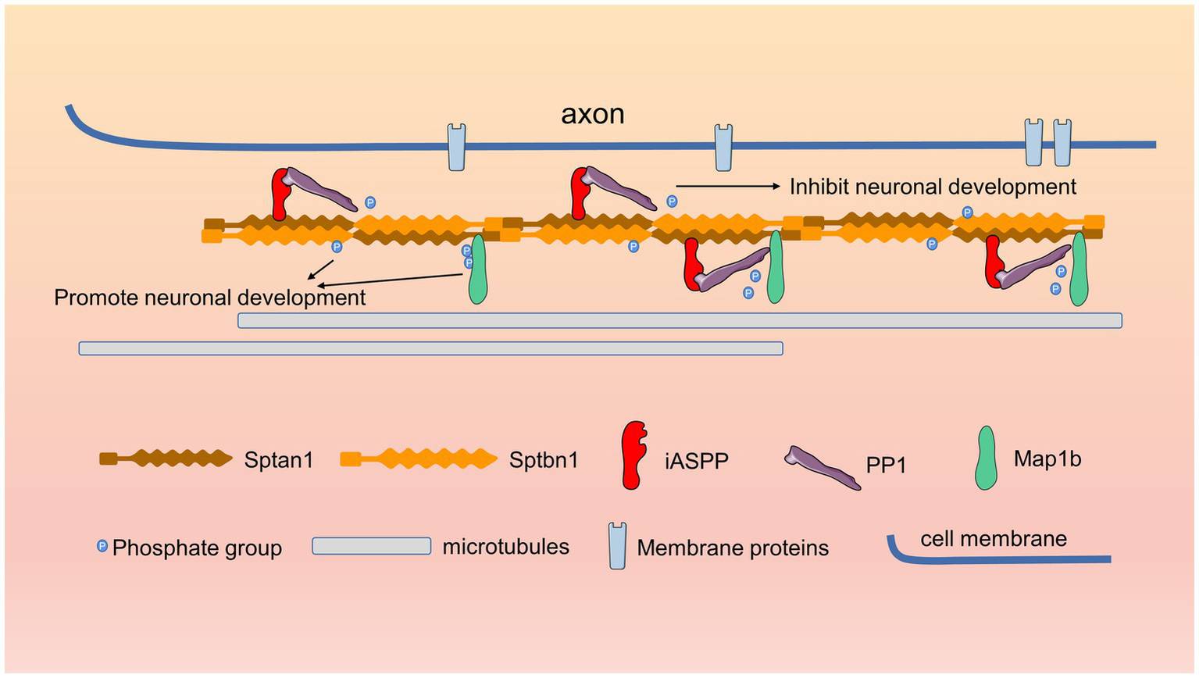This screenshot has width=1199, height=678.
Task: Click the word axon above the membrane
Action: point(592,114)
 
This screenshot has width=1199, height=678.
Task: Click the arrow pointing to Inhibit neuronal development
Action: point(727,186)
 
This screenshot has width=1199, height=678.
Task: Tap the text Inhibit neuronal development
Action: point(933,187)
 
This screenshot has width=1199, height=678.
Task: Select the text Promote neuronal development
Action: point(209,298)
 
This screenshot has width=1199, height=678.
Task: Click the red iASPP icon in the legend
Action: point(633,455)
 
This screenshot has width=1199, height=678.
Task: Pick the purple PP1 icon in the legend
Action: point(823,466)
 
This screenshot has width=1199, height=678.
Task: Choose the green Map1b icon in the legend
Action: point(987,458)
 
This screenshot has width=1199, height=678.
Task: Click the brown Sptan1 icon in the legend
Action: point(166,459)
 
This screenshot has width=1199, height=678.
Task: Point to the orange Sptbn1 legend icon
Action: point(419,459)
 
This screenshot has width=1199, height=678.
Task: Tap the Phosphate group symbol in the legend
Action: point(102,546)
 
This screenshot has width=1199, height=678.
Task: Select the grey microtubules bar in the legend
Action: point(371,546)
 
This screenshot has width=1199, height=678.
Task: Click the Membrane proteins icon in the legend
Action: point(617,546)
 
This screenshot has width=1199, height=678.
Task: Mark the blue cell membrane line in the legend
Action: point(1000,558)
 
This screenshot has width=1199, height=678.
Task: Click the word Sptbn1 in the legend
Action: point(544,460)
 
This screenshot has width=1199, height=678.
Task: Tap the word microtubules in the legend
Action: point(505,547)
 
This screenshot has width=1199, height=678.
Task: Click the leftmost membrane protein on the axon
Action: point(457,147)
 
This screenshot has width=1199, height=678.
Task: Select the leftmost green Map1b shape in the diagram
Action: point(477,269)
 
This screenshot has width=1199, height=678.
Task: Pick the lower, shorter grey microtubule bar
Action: point(430,348)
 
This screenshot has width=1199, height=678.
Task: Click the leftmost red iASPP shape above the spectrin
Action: point(280,194)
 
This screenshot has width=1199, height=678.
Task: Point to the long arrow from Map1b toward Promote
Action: point(391,280)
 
